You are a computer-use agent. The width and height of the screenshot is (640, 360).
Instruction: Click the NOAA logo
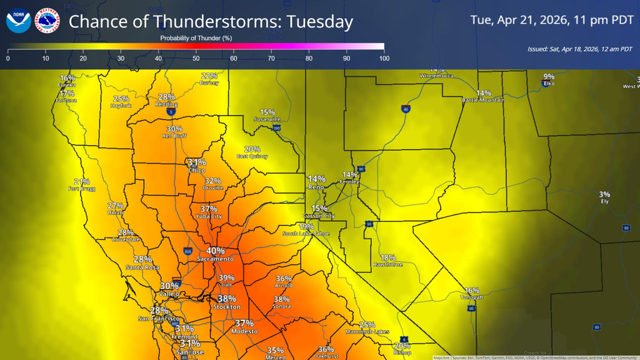(x=18, y=21)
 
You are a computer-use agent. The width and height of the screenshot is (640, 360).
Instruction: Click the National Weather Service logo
(x=47, y=21)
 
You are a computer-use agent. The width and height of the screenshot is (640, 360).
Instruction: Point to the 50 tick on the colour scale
(x=196, y=58)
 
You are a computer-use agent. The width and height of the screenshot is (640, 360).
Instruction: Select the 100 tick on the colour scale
(x=384, y=58)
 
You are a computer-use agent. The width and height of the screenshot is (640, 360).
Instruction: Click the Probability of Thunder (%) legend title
(x=196, y=38)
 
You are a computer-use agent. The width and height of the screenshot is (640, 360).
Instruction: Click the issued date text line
(x=579, y=49)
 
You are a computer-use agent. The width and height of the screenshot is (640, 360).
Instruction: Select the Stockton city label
(x=226, y=307)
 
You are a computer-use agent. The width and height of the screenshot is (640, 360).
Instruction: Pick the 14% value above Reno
(x=317, y=179)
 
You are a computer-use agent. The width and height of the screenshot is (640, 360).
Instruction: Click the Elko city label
(x=549, y=83)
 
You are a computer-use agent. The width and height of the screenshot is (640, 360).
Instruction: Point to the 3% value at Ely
(x=604, y=194)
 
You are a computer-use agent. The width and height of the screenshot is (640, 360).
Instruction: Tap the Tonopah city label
(x=472, y=298)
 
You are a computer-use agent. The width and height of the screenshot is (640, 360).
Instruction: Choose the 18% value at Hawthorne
(x=387, y=257)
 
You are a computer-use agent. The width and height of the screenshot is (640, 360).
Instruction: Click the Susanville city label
(x=267, y=119)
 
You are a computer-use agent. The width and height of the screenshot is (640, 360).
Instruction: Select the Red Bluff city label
(x=174, y=136)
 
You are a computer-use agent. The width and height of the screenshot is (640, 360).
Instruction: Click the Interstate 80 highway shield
(x=406, y=109)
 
